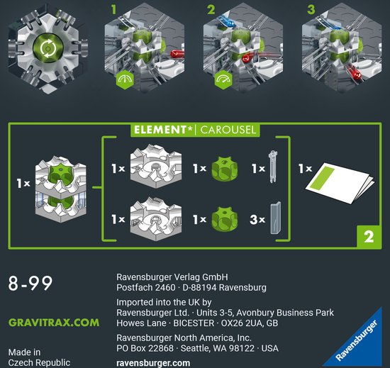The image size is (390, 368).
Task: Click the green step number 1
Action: click(x=113, y=10)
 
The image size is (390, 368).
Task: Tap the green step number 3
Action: click(x=311, y=10)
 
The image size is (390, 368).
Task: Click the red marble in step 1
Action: click(x=177, y=54)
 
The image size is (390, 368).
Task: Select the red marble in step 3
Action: click(x=354, y=72)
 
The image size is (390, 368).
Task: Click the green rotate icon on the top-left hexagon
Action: click(x=48, y=48)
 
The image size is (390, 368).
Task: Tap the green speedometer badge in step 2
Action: click(x=223, y=79)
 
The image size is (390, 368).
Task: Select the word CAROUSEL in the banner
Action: click(x=228, y=130)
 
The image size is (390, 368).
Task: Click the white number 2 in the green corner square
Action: click(x=369, y=237)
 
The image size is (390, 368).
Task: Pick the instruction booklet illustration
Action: click(x=340, y=183)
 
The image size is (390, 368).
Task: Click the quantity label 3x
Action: click(x=257, y=219)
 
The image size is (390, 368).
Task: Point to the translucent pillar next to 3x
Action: click(x=276, y=218)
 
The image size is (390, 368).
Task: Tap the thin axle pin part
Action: click(x=272, y=167)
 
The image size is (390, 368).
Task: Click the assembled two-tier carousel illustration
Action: click(x=61, y=189)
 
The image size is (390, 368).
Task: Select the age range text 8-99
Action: click(x=30, y=283)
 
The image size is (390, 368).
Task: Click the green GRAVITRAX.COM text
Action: click(x=54, y=323)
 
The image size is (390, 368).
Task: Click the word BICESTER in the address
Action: click(x=194, y=323)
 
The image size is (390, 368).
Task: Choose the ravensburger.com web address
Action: click(x=153, y=363)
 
